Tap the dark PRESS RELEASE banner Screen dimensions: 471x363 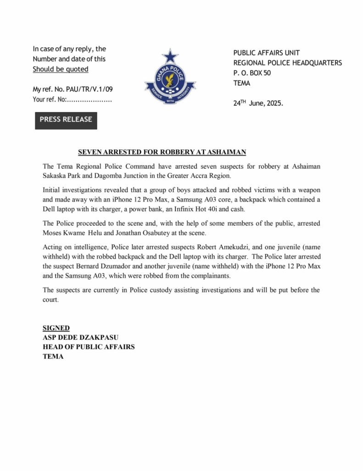point(66,120)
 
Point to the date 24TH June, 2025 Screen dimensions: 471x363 point(258,103)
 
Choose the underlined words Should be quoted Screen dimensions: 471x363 point(60,69)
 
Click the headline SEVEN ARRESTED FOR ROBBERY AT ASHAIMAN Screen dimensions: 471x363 point(162,152)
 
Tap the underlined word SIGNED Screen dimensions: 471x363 point(56,328)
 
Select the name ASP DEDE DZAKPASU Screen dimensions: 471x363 point(81,338)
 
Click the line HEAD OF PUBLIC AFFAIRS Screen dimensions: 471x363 point(89,347)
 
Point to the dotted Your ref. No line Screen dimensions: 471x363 point(72,99)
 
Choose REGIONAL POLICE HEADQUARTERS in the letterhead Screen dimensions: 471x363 point(287,63)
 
